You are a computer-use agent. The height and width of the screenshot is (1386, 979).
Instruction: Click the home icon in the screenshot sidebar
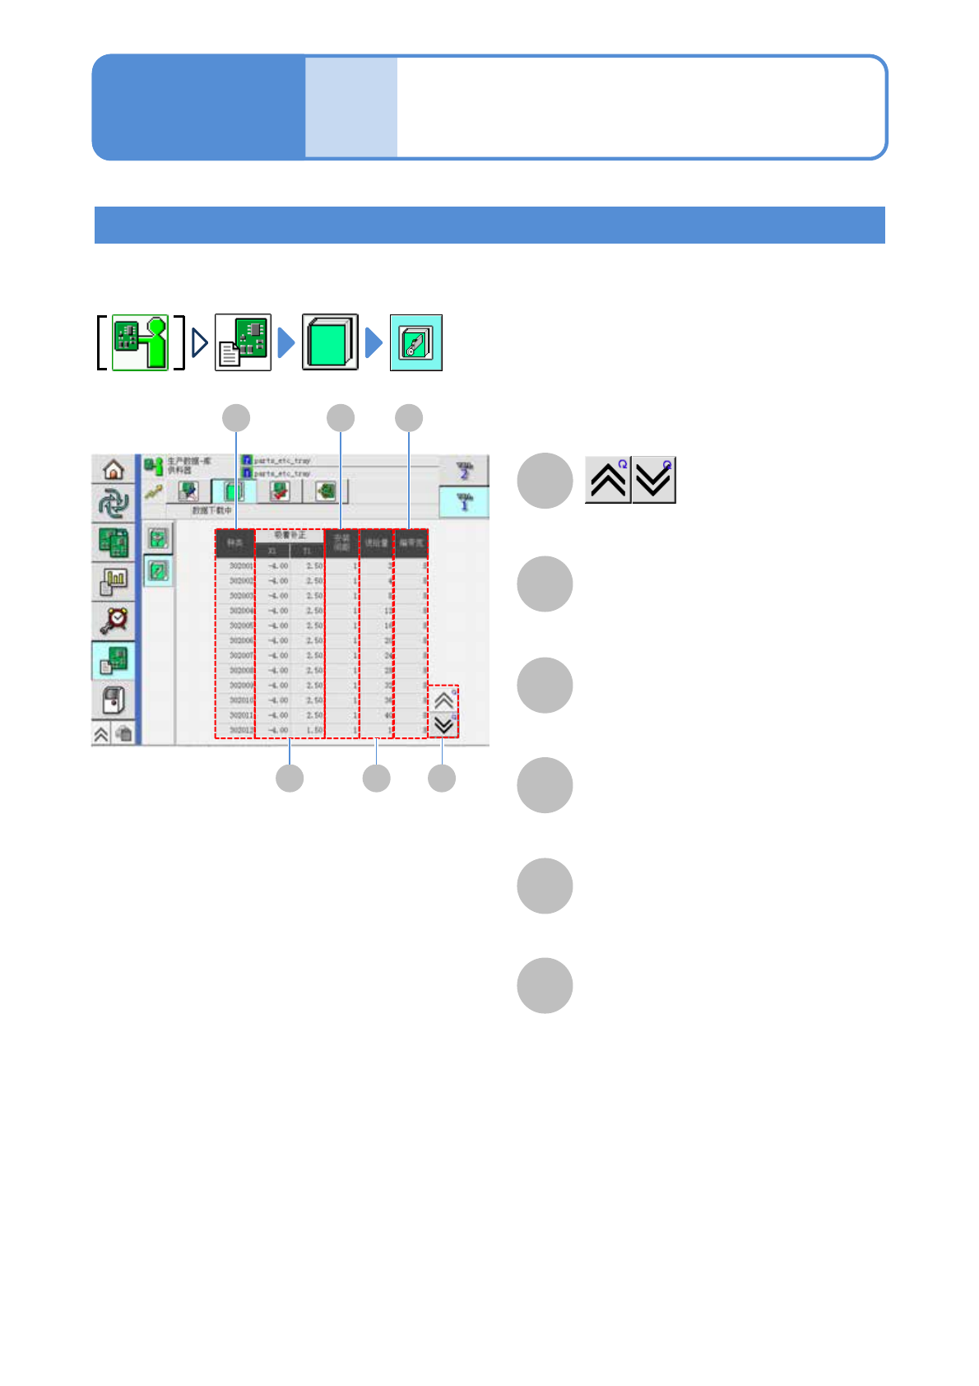(114, 469)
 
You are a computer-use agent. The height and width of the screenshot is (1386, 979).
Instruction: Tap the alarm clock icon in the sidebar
(114, 620)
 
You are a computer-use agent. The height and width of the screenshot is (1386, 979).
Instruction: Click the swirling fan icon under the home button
(114, 503)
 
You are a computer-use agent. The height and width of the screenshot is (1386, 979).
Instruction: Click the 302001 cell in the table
(240, 566)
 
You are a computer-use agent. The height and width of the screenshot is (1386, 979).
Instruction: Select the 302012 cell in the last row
(240, 730)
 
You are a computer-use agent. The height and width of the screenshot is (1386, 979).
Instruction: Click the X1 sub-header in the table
(272, 551)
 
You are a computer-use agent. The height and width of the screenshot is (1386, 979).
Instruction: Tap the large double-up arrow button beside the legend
(608, 480)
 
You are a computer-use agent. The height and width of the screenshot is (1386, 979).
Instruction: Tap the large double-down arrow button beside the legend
(654, 480)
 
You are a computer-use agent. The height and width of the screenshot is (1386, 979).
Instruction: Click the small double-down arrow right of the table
(444, 725)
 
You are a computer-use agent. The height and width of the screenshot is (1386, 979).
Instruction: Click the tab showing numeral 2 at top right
(464, 471)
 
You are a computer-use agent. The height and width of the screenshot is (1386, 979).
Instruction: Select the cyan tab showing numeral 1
(464, 501)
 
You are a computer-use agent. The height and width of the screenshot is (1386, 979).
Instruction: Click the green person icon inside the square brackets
(140, 342)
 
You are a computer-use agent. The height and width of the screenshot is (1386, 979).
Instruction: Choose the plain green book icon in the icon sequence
(330, 342)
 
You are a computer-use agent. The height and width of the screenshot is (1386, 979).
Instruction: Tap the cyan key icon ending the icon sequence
(415, 342)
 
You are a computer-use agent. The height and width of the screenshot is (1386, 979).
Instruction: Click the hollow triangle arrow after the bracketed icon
(199, 342)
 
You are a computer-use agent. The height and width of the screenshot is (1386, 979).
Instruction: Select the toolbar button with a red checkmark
(280, 491)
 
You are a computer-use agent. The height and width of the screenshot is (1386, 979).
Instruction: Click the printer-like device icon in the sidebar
(114, 700)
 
